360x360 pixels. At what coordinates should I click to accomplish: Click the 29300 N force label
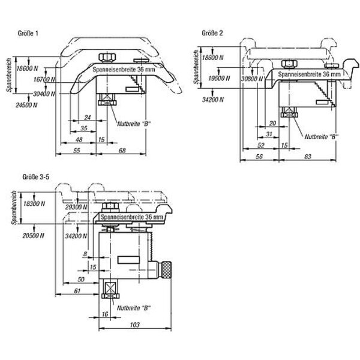pyautogui.click(x=76, y=206)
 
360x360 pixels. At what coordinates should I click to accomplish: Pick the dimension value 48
pyautogui.click(x=79, y=139)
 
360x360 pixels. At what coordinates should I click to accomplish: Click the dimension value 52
pyautogui.click(x=261, y=145)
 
